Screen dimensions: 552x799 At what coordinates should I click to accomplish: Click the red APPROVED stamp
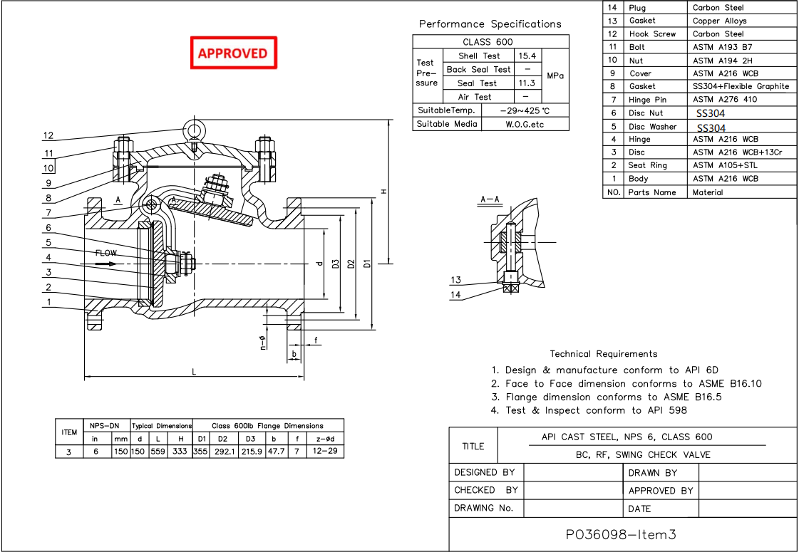(x=232, y=53)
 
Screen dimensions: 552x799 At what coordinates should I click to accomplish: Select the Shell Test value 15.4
(x=527, y=56)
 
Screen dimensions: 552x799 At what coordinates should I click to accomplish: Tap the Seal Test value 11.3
(x=527, y=83)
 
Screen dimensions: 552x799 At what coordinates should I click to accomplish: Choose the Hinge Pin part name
(x=647, y=100)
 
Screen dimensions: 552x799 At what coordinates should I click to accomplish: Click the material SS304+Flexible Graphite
(x=741, y=86)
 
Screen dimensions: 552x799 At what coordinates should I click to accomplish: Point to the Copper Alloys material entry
(x=719, y=21)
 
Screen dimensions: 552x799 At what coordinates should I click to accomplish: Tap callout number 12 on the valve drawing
(x=48, y=135)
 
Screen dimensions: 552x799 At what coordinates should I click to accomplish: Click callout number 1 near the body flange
(x=48, y=302)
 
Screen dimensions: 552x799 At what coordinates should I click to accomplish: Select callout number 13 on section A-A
(x=456, y=280)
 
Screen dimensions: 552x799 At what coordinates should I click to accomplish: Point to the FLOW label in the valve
(x=105, y=253)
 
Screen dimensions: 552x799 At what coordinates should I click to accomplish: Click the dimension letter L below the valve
(x=194, y=371)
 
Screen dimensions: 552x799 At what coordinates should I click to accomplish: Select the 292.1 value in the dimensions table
(x=224, y=452)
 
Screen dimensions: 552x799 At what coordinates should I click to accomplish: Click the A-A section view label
(x=490, y=200)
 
